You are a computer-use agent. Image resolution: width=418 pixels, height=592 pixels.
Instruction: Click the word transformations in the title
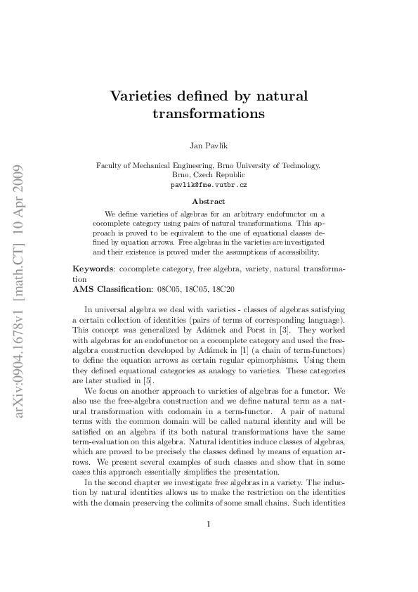209,112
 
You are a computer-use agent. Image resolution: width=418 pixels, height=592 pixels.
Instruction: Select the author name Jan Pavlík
209,146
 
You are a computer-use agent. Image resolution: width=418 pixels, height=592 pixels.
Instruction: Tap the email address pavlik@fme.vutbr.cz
209,185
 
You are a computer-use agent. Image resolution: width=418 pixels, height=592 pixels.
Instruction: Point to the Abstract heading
209,200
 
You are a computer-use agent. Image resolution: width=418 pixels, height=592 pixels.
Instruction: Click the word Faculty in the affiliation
108,166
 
